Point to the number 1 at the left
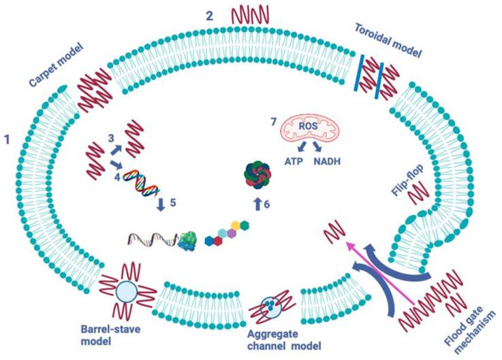tap(8, 140)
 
